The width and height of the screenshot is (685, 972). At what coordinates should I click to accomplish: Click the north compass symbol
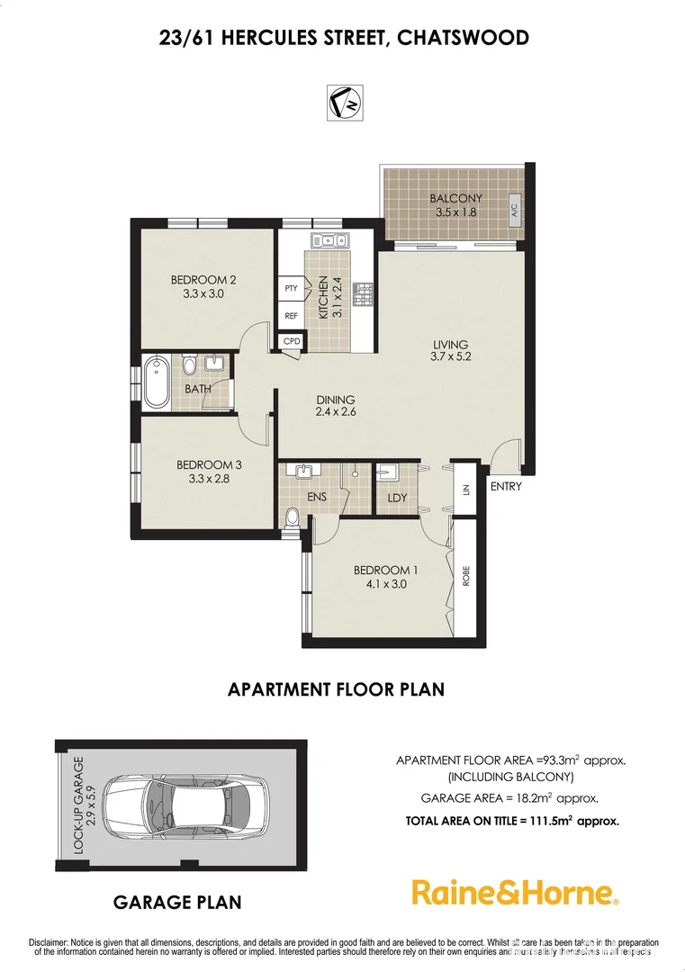pyautogui.click(x=342, y=101)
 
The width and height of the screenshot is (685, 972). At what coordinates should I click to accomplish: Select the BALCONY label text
pyautogui.click(x=455, y=199)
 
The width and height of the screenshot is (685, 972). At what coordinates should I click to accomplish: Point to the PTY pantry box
pyautogui.click(x=291, y=288)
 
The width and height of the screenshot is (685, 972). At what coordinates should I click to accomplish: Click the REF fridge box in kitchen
pyautogui.click(x=291, y=316)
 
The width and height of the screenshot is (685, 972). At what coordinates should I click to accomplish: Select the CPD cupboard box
pyautogui.click(x=292, y=342)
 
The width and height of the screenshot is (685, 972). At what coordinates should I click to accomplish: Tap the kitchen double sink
pyautogui.click(x=329, y=239)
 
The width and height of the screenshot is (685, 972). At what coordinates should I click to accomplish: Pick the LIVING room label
pyautogui.click(x=450, y=345)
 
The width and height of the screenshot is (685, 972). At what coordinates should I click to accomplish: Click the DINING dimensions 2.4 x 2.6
pyautogui.click(x=335, y=415)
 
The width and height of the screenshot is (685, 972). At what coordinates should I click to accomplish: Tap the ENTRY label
pyautogui.click(x=505, y=487)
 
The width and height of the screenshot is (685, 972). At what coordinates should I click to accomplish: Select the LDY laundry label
pyautogui.click(x=396, y=498)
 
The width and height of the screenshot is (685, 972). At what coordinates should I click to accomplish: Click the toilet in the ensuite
pyautogui.click(x=293, y=517)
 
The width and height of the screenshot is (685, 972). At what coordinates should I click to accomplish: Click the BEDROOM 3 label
pyautogui.click(x=209, y=464)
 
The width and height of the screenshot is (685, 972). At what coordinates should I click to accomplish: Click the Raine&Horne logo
pyautogui.click(x=515, y=892)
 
